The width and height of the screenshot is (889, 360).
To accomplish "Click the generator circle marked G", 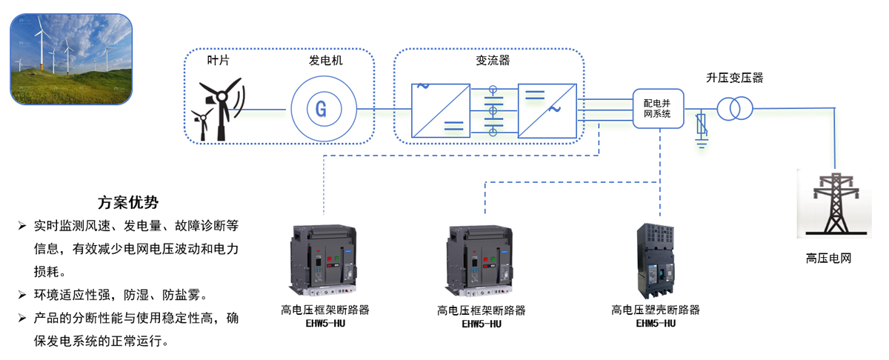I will pyautogui.click(x=321, y=109).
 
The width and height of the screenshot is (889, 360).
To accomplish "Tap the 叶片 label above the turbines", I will pyautogui.click(x=218, y=60).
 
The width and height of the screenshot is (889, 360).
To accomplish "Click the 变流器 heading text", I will pyautogui.click(x=493, y=60).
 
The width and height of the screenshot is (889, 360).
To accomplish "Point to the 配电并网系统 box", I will pyautogui.click(x=657, y=109).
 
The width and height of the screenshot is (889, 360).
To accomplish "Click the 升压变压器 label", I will pyautogui.click(x=734, y=77).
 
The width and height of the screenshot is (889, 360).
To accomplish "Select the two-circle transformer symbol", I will pyautogui.click(x=734, y=109).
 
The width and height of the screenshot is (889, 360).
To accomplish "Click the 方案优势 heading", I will pyautogui.click(x=127, y=202).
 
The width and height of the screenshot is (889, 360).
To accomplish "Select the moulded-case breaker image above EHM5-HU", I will pyautogui.click(x=656, y=259).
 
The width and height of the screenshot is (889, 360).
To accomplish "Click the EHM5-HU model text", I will pyautogui.click(x=656, y=323).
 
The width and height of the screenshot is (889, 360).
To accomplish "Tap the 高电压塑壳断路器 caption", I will pyautogui.click(x=656, y=310).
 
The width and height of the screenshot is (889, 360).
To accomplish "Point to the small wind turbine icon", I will pyautogui.click(x=200, y=123).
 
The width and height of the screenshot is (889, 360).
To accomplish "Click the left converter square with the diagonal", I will pyautogui.click(x=441, y=110).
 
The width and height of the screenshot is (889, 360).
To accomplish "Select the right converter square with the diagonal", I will pyautogui.click(x=547, y=110).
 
